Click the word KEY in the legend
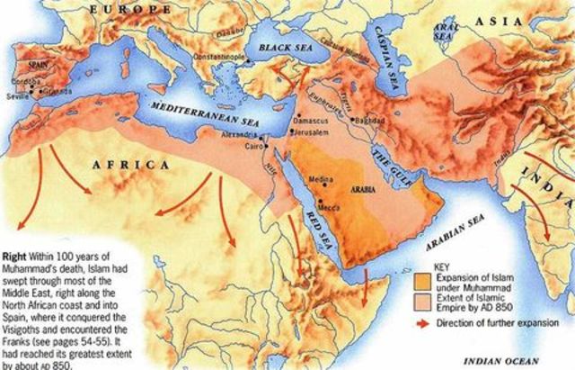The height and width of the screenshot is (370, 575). pos(440,267)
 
